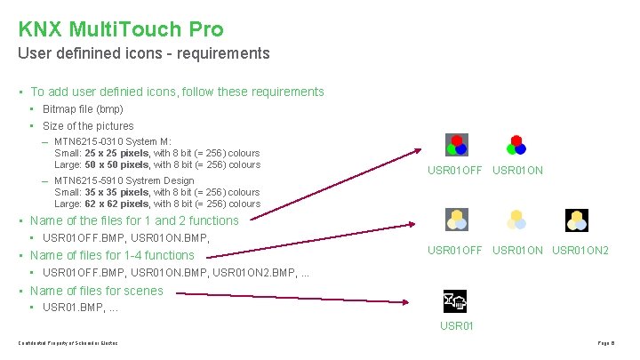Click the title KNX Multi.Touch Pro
coord(121,29)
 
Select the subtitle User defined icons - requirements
coord(143,53)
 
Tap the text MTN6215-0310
coord(85,141)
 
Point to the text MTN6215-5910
coord(85,180)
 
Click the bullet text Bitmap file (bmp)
coord(83,109)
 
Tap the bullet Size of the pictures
coord(88,126)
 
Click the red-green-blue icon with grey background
coord(456,145)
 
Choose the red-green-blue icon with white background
coord(516,145)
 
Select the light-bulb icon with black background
coord(577,220)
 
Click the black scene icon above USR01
coord(456,302)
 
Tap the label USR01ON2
coord(580,251)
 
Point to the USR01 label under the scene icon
coord(457,326)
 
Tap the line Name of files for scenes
coord(97,291)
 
